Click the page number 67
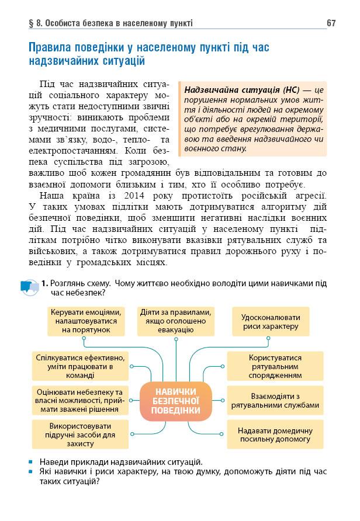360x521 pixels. click(x=331, y=23)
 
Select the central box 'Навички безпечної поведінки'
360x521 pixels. click(x=175, y=401)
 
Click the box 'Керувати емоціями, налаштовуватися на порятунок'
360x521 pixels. click(x=87, y=321)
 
